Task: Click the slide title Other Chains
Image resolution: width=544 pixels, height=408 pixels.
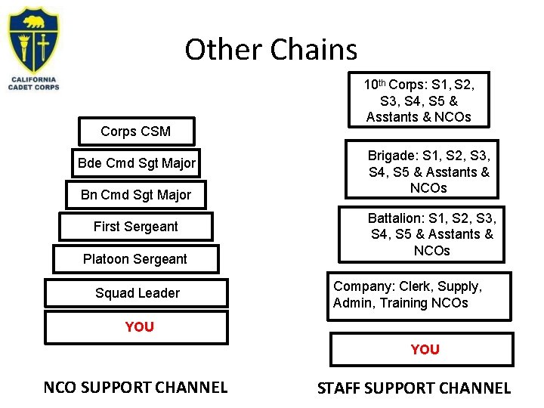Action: pyautogui.click(x=270, y=50)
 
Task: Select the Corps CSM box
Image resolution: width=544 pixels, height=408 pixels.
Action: pyautogui.click(x=136, y=131)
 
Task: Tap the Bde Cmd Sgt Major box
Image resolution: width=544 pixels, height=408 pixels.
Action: pyautogui.click(x=137, y=163)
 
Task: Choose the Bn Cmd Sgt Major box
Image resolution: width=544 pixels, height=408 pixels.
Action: pyautogui.click(x=136, y=195)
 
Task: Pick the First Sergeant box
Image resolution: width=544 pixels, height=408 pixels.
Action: pyautogui.click(x=136, y=227)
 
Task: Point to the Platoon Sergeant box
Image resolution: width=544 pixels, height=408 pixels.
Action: pyautogui.click(x=135, y=259)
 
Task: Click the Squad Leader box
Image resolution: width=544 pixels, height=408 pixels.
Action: pyautogui.click(x=137, y=293)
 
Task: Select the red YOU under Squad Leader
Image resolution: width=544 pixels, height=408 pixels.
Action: pyautogui.click(x=139, y=326)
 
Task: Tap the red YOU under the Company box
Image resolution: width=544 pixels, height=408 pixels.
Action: pyautogui.click(x=425, y=349)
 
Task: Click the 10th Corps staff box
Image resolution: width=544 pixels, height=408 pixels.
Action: pyautogui.click(x=419, y=100)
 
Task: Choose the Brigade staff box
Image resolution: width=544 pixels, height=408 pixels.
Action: pyautogui.click(x=428, y=172)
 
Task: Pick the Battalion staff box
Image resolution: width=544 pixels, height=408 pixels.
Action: pyautogui.click(x=431, y=234)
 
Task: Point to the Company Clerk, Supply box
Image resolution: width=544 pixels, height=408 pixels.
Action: pyautogui.click(x=418, y=295)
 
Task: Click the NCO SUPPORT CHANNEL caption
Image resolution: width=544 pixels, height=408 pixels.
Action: pyautogui.click(x=135, y=388)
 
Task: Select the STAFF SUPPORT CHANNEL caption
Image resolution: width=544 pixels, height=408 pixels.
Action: pyautogui.click(x=414, y=388)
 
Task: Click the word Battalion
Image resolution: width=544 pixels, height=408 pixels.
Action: pyautogui.click(x=395, y=218)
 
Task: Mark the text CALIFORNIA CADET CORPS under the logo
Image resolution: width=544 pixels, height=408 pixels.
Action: pyautogui.click(x=33, y=83)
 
